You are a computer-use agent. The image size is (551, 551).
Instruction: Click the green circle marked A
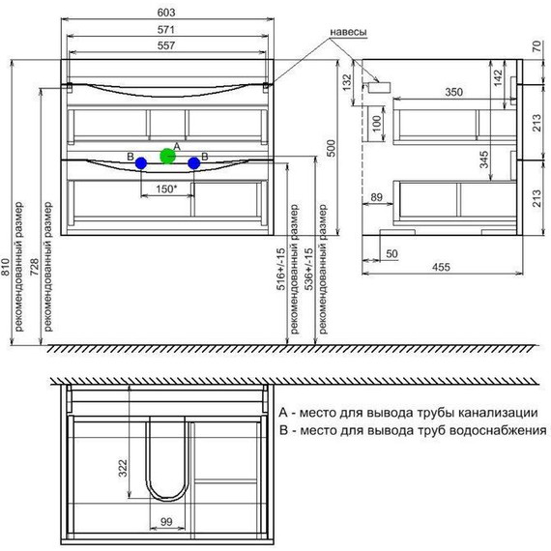[167, 155]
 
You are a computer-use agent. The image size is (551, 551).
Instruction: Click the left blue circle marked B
[142, 163]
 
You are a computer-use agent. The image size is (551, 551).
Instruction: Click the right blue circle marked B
[194, 163]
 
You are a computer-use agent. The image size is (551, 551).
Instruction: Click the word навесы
[348, 31]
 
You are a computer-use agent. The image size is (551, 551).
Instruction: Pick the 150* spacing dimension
[166, 189]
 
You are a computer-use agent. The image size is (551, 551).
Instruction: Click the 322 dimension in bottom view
[122, 469]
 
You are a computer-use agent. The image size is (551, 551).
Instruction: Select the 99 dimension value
[168, 522]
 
